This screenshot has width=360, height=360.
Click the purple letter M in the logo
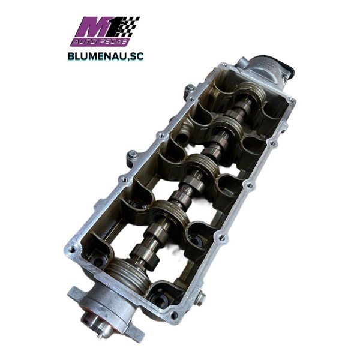coord(92,28)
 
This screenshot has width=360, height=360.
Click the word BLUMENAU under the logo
coord(97,56)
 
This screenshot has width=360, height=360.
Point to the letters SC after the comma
coord(137,56)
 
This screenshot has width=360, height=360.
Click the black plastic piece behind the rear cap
coord(288,67)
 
